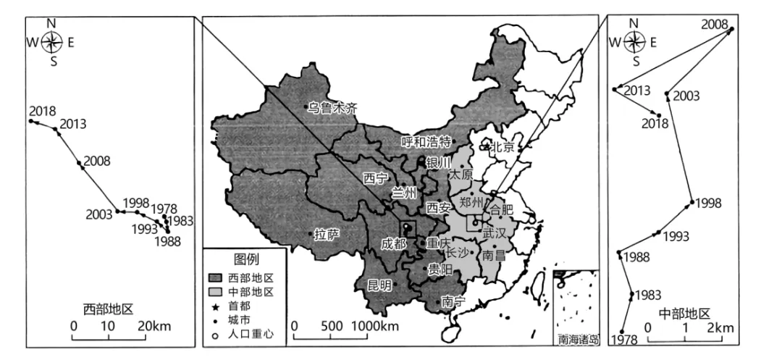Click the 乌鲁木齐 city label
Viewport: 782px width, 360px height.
(x=332, y=108)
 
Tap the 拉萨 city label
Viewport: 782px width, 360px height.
(x=327, y=235)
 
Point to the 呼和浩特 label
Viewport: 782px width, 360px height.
(x=426, y=141)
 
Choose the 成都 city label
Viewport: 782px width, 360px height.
(x=393, y=243)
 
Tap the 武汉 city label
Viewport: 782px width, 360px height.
(x=495, y=234)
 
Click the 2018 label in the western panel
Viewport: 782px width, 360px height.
(x=43, y=111)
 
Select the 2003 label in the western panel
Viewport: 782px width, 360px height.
(x=98, y=214)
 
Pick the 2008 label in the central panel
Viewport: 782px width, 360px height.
(x=715, y=24)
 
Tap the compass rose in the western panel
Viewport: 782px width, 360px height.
(x=51, y=42)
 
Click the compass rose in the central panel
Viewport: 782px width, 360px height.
(x=634, y=42)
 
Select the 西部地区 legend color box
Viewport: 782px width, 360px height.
(x=216, y=278)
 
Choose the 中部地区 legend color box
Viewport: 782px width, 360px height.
(x=216, y=292)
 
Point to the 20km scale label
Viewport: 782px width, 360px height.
(x=156, y=327)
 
